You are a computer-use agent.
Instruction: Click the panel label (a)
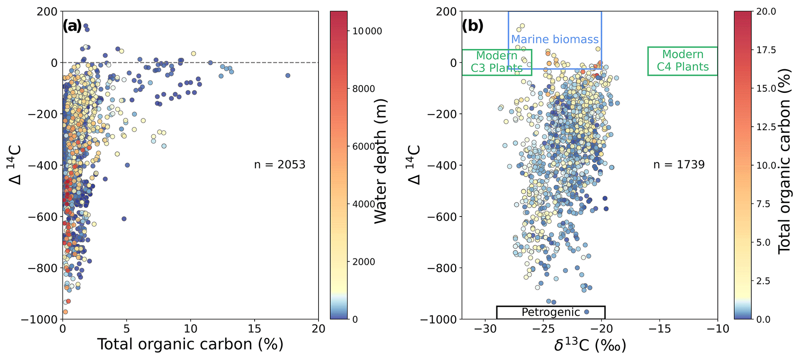tap(72, 26)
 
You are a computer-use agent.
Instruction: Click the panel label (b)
tap(472, 26)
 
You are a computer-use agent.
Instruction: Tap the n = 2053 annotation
tap(279, 165)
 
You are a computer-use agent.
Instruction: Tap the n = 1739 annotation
tap(679, 165)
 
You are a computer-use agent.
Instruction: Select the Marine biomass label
tap(555, 39)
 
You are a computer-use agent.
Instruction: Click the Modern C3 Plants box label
tap(497, 62)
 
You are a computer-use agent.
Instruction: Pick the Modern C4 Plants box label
tap(683, 61)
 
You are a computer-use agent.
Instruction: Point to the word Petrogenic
tap(550, 312)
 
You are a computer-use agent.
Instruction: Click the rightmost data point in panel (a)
tap(288, 75)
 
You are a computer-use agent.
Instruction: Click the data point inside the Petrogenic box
tap(586, 312)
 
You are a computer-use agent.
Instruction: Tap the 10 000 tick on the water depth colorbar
tap(367, 31)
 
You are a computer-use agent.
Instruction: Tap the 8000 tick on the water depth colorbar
tap(364, 89)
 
